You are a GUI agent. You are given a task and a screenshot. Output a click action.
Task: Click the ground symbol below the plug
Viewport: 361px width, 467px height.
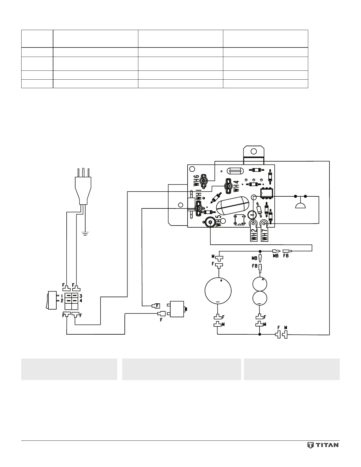85,235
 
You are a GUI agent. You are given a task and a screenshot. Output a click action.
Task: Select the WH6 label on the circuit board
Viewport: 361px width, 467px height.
197,180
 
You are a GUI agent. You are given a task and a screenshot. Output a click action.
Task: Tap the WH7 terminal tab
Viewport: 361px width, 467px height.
264,232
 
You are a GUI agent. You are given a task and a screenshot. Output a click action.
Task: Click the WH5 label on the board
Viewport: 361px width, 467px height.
219,221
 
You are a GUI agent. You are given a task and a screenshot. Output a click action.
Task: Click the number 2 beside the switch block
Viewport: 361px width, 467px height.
62,300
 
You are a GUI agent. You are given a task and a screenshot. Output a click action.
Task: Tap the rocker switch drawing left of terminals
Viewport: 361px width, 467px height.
52,300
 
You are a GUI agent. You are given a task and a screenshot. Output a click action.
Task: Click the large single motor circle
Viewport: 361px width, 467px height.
218,291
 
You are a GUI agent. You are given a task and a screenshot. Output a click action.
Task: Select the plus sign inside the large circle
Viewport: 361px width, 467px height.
221,281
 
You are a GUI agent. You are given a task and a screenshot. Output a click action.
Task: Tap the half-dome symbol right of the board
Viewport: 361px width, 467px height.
300,205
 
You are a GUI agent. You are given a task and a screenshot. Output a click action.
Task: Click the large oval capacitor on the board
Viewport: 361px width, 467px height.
233,206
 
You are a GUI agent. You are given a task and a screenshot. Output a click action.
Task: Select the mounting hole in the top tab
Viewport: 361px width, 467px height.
253,152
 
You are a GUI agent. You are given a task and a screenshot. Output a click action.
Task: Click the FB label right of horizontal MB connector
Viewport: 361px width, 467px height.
286,256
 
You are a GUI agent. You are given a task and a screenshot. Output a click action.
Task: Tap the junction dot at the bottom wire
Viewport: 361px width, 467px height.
260,334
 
